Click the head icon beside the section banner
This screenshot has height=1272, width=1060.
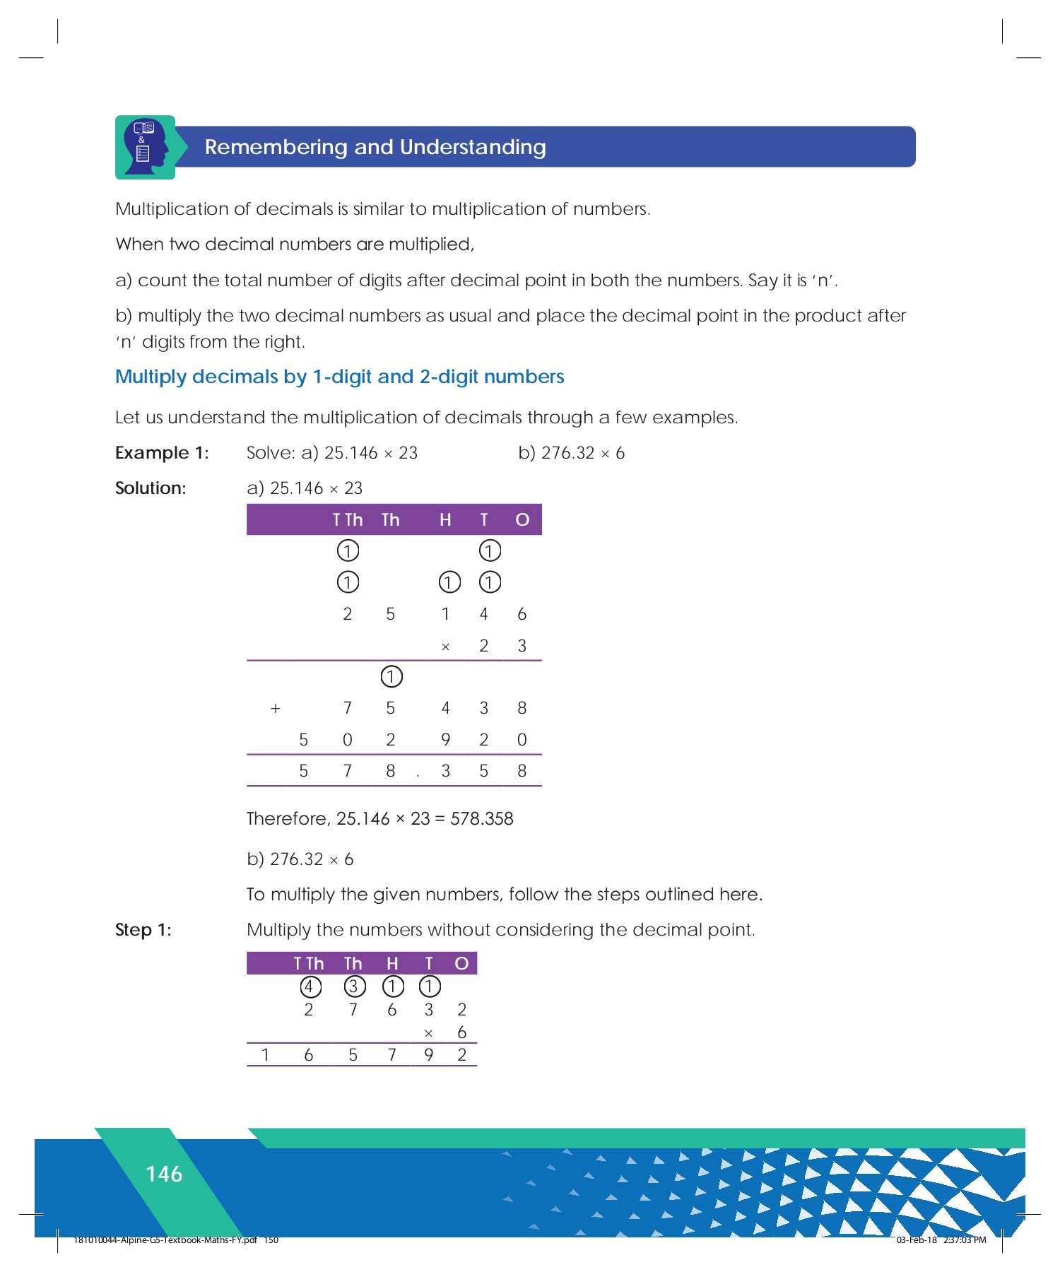pyautogui.click(x=145, y=147)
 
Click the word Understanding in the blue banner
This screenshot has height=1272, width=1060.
pyautogui.click(x=473, y=147)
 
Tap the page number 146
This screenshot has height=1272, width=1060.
pyautogui.click(x=164, y=1174)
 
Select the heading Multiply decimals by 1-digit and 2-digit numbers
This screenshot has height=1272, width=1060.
pyautogui.click(x=339, y=377)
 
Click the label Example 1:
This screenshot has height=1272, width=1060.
pyautogui.click(x=162, y=453)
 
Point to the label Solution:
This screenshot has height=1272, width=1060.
pyautogui.click(x=151, y=488)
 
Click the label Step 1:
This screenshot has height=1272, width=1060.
pyautogui.click(x=143, y=930)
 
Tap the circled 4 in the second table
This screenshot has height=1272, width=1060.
pyautogui.click(x=310, y=987)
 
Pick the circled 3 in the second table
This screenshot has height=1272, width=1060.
pyautogui.click(x=354, y=987)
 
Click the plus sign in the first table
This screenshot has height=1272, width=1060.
pyautogui.click(x=276, y=708)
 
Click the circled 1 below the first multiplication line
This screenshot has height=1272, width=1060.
pyautogui.click(x=391, y=676)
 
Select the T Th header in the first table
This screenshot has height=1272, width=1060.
pyautogui.click(x=347, y=520)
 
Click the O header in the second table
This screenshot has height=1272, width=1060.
pyautogui.click(x=461, y=964)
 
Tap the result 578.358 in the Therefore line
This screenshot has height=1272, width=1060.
pyautogui.click(x=482, y=819)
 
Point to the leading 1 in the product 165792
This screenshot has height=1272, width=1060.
pyautogui.click(x=265, y=1055)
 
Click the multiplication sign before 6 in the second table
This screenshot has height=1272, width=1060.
pyautogui.click(x=428, y=1034)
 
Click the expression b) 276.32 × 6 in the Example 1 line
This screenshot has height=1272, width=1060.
pyautogui.click(x=571, y=453)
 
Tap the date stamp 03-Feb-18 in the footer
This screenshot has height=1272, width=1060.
pyautogui.click(x=916, y=1240)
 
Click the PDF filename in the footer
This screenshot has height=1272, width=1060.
pyautogui.click(x=166, y=1240)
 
